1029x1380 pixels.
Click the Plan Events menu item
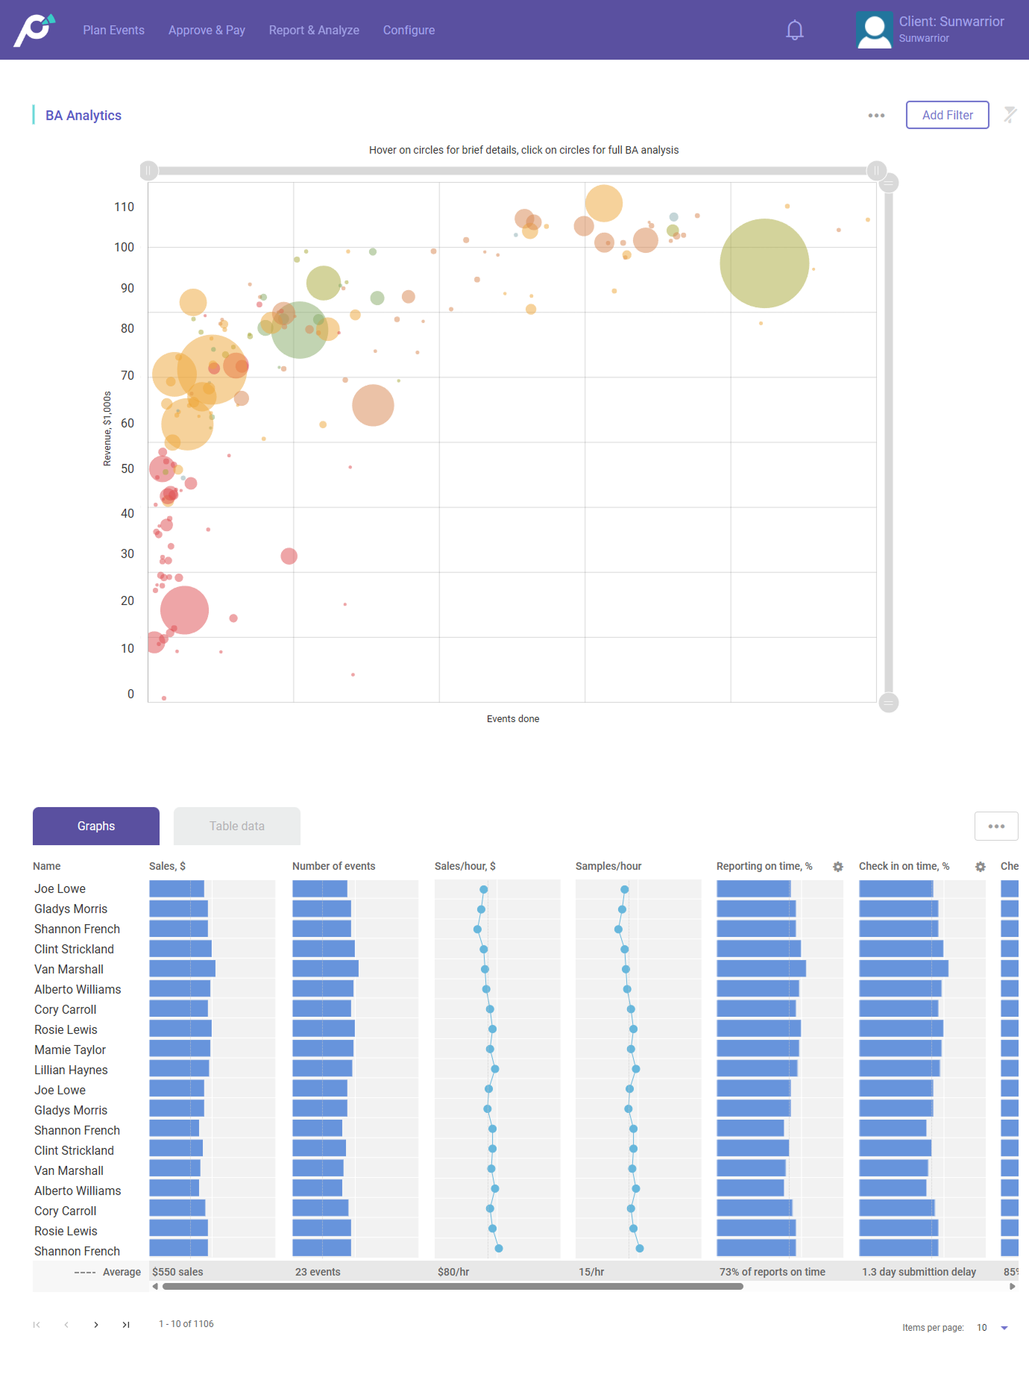113,30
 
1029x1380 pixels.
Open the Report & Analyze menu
314,30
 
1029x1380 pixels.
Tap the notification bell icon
795,31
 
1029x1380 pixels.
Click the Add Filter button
947,115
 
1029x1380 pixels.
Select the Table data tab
237,826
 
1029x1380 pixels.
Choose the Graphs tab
96,826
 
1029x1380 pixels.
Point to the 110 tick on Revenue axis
124,207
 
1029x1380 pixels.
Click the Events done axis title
513,719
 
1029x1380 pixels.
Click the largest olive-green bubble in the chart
764,263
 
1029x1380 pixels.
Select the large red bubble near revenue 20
184,610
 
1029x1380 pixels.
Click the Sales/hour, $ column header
465,866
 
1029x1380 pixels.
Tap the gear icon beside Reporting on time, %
838,867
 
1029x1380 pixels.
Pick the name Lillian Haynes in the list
71,1070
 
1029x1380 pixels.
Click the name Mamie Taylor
70,1050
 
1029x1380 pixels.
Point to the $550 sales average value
177,1272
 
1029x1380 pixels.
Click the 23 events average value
318,1272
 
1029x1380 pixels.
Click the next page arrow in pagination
96,1325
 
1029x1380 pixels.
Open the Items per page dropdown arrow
1004,1328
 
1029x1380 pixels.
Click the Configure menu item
409,30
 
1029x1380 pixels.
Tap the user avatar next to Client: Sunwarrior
874,31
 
